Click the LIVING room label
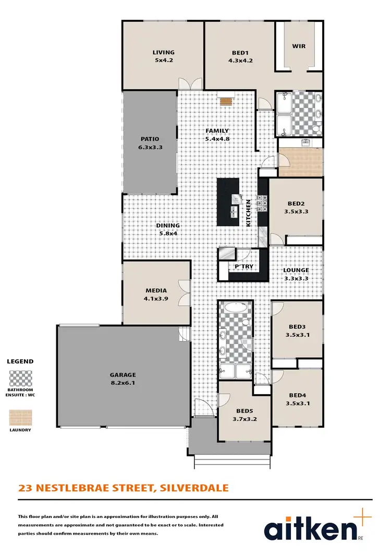[x=163, y=52]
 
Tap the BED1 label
[x=240, y=52]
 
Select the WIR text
[x=299, y=46]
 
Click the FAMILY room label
[x=217, y=131]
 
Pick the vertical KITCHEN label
[x=249, y=213]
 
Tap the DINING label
[x=169, y=226]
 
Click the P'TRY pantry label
[x=243, y=266]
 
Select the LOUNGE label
[x=296, y=270]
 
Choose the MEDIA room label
[x=156, y=290]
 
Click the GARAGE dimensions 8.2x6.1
[x=123, y=383]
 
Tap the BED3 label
[x=298, y=327]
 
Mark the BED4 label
[x=298, y=395]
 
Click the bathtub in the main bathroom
[x=236, y=308]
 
